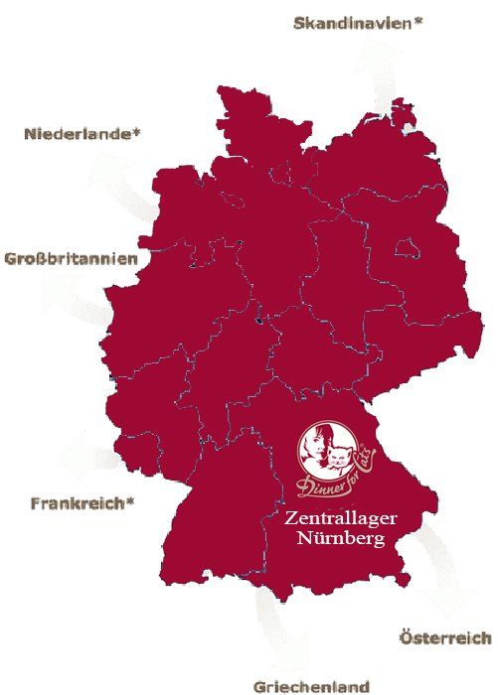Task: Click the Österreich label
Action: click(444, 636)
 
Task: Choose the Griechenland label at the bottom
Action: click(311, 686)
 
